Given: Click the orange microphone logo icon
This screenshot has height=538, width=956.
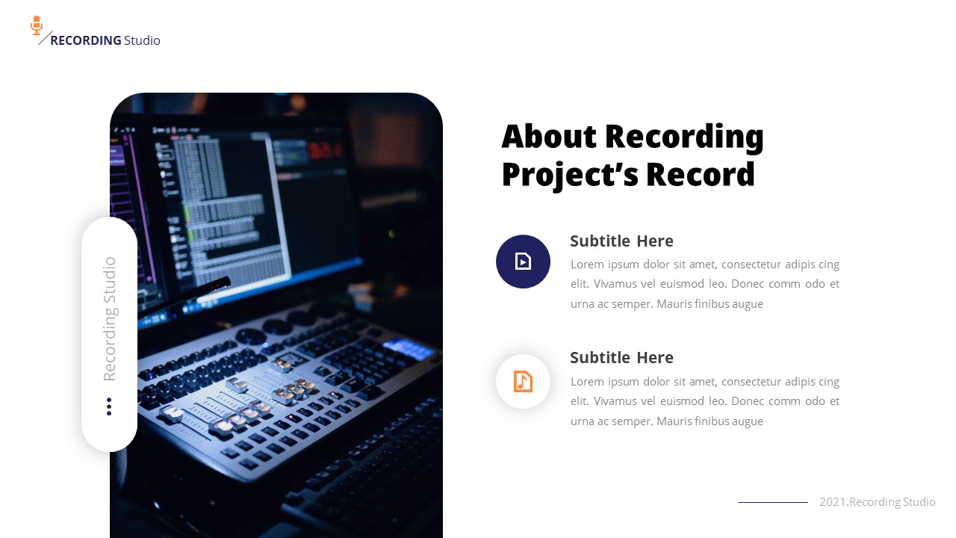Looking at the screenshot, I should [x=37, y=25].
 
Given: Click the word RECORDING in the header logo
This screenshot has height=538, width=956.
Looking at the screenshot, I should [x=85, y=40].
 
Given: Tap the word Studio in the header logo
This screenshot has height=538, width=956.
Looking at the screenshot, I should [x=142, y=40].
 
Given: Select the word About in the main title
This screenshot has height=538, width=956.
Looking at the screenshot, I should [x=549, y=137].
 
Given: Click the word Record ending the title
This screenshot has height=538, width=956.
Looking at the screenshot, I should [x=701, y=174].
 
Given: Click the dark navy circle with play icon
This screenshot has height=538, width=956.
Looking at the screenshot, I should [x=523, y=261].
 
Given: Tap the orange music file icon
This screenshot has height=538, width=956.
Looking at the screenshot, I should [x=523, y=381].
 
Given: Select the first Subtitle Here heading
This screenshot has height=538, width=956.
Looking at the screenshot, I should [x=621, y=241].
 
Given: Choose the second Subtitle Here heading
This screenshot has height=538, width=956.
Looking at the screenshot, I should [x=621, y=357].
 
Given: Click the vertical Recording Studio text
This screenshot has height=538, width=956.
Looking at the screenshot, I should [x=110, y=319].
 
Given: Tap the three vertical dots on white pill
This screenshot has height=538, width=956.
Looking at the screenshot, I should [x=109, y=406].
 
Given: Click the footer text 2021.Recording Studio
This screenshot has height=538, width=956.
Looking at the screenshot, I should [x=877, y=502].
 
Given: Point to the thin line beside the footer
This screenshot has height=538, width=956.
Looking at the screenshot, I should [x=772, y=502].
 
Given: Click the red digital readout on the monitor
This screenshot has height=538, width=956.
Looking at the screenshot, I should [x=326, y=152].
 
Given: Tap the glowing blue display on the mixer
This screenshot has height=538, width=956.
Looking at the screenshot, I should [x=408, y=348].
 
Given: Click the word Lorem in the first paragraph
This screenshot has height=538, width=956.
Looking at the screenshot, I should [x=587, y=265].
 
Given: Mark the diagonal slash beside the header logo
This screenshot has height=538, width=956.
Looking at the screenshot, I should [x=45, y=38].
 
